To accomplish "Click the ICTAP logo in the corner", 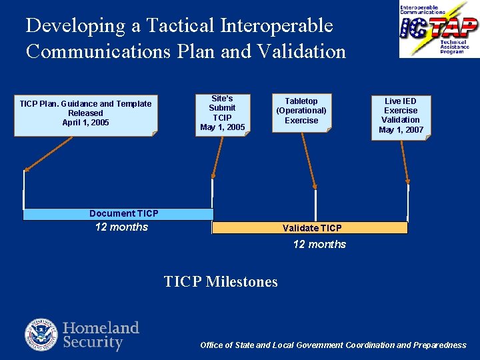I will pyautogui.click(x=439, y=29).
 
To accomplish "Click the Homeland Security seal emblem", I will pyautogui.click(x=41, y=335).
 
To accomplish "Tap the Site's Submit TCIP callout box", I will pyautogui.click(x=222, y=113).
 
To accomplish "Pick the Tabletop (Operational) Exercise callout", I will pyautogui.click(x=301, y=111).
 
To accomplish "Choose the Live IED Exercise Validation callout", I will pyautogui.click(x=401, y=116).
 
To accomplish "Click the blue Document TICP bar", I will pyautogui.click(x=118, y=214).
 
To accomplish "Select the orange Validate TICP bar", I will pyautogui.click(x=310, y=228).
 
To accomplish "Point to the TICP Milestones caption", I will pyautogui.click(x=221, y=282).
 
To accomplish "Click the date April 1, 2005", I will pyautogui.click(x=85, y=123).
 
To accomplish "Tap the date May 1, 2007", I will pyautogui.click(x=401, y=130).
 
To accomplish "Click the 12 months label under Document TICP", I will pyautogui.click(x=121, y=227).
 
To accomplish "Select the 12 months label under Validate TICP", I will pyautogui.click(x=319, y=245).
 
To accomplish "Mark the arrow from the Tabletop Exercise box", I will pyautogui.click(x=309, y=160).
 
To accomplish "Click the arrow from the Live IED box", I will pyautogui.click(x=405, y=160).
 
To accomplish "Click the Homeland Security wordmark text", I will pyautogui.click(x=101, y=335).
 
